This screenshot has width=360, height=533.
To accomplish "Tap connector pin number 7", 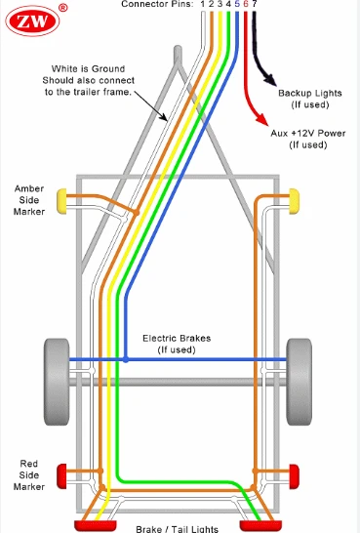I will point(255,5).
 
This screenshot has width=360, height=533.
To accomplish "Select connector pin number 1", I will point(203,5).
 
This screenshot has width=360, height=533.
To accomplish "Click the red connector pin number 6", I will point(246,5).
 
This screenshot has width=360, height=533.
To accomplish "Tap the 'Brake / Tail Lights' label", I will point(177,526).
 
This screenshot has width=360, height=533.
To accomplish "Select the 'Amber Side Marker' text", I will point(28,197).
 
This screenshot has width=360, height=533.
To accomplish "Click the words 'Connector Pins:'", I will point(158,5).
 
